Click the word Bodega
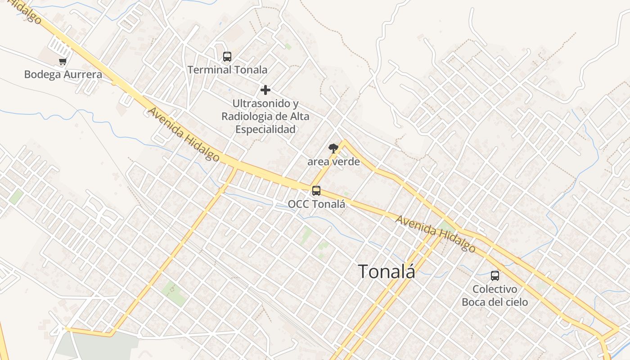tap(42, 74)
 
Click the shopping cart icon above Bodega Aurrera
tap(63, 62)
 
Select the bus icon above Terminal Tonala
tap(227, 57)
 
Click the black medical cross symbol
tap(265, 90)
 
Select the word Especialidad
tap(265, 130)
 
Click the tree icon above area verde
tap(333, 148)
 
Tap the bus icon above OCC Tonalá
tap(316, 191)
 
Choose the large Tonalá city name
tap(386, 271)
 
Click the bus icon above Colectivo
tap(495, 276)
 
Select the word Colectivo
tap(495, 289)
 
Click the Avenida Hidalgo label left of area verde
tap(184, 134)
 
